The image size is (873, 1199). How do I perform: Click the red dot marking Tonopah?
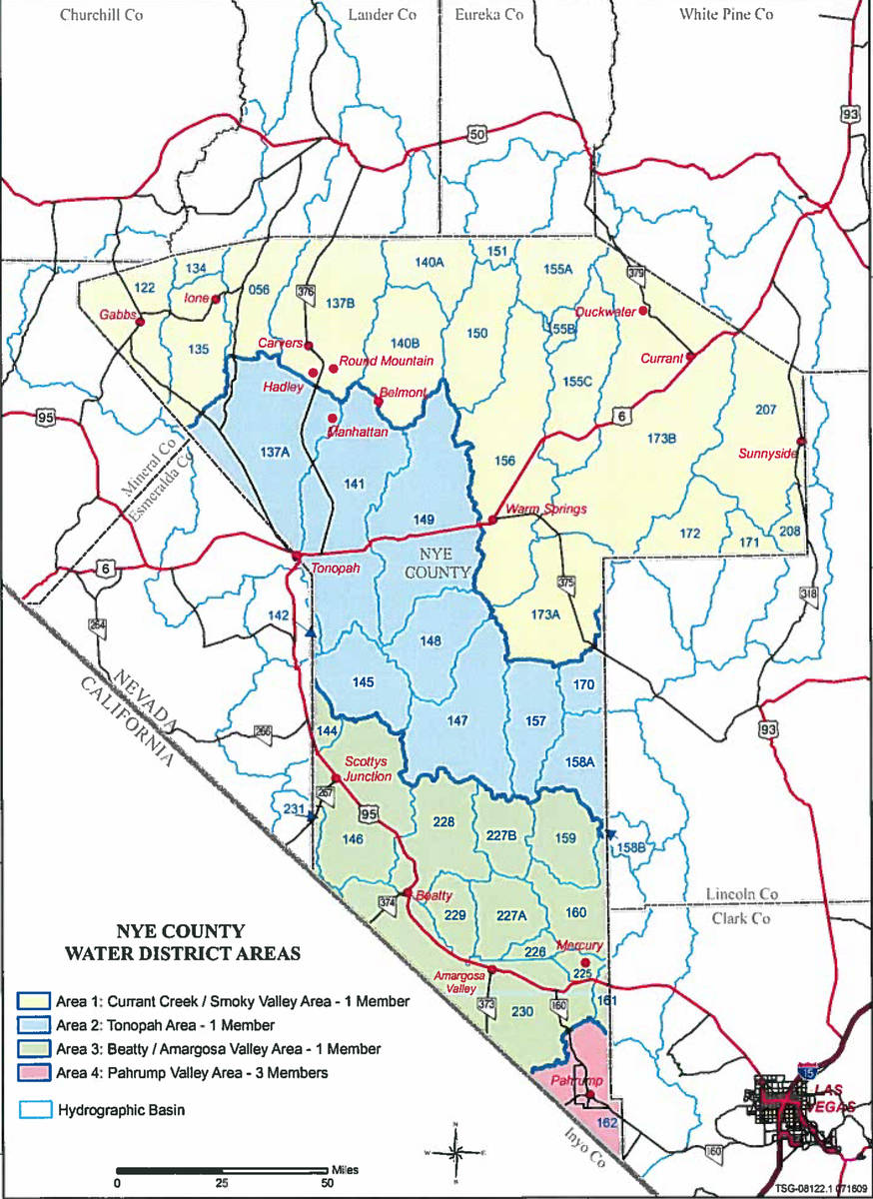pos(297,557)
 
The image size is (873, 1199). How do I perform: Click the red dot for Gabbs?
pos(140,323)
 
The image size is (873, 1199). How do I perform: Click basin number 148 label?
pos(431,641)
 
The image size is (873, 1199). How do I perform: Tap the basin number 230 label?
pos(521,1011)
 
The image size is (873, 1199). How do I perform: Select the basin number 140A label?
pos(429,262)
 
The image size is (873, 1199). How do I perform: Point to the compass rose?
pos(455,1152)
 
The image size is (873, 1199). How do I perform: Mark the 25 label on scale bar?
pos(222,1183)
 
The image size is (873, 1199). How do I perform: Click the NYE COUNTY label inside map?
pos(436,564)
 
